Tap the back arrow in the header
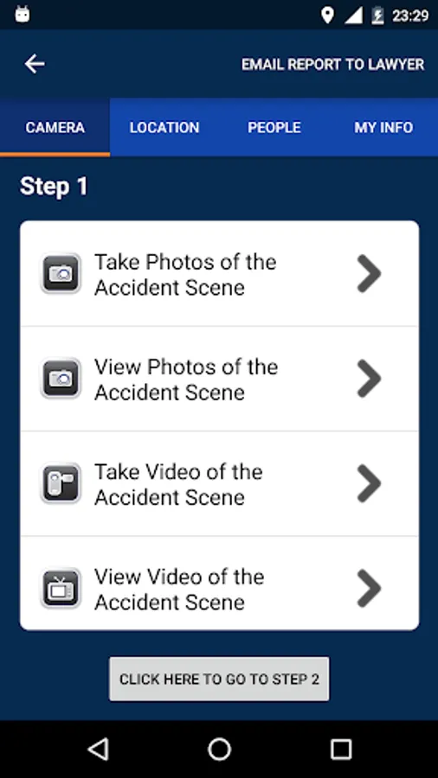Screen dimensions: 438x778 pyautogui.click(x=35, y=64)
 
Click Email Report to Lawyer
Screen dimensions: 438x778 pyautogui.click(x=332, y=65)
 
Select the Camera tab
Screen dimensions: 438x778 pyautogui.click(x=55, y=128)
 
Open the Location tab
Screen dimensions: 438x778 pyautogui.click(x=164, y=128)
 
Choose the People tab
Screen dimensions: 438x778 pyautogui.click(x=274, y=128)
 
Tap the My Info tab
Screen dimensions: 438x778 pyautogui.click(x=383, y=128)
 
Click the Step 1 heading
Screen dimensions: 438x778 pyautogui.click(x=54, y=187)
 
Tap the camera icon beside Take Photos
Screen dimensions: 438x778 pyautogui.click(x=61, y=273)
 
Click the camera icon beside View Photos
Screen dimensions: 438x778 pyautogui.click(x=61, y=378)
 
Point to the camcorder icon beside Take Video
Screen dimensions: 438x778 pyautogui.click(x=61, y=482)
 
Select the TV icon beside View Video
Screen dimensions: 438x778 pyautogui.click(x=61, y=588)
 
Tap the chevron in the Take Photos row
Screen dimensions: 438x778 pyautogui.click(x=369, y=273)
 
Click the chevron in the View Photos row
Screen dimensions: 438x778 pyautogui.click(x=369, y=378)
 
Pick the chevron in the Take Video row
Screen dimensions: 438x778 pyautogui.click(x=369, y=482)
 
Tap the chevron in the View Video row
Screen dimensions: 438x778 pyautogui.click(x=369, y=588)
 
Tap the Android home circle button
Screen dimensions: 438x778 pyautogui.click(x=220, y=749)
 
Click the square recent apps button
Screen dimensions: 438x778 pyautogui.click(x=341, y=749)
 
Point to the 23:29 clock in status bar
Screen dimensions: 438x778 pyautogui.click(x=410, y=16)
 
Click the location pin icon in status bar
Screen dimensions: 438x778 pyautogui.click(x=327, y=16)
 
